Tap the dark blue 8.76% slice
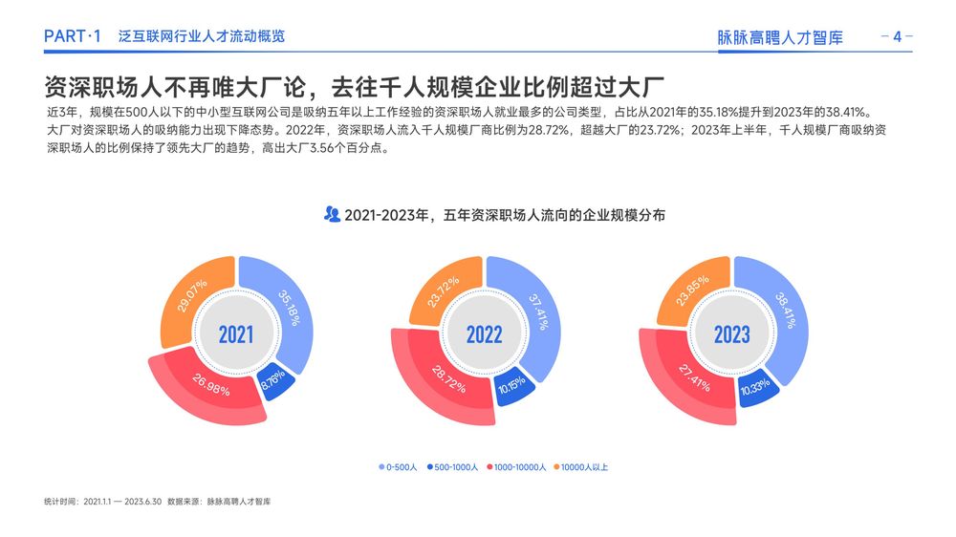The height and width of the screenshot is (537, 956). tap(274, 381)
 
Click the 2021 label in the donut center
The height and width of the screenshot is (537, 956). tap(236, 334)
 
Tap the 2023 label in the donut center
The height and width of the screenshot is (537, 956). tap(731, 334)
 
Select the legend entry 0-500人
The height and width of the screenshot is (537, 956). tap(398, 467)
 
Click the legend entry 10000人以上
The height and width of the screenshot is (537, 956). tap(581, 467)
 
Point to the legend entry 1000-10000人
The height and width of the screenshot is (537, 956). tap(516, 467)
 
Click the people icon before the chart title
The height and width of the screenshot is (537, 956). tap(332, 214)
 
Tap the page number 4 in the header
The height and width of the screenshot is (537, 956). tap(897, 36)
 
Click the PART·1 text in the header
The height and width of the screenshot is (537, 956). tap(73, 36)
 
